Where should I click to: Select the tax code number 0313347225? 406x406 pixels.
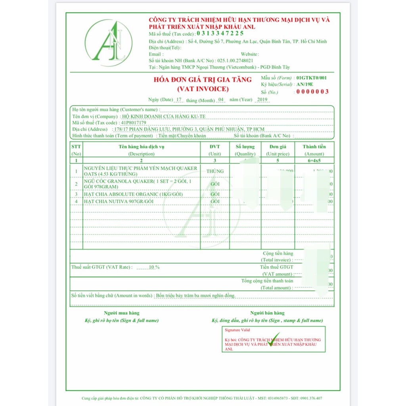point(220,34)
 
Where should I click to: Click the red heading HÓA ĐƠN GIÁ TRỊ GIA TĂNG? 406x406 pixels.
point(203,80)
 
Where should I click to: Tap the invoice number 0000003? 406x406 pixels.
point(312,92)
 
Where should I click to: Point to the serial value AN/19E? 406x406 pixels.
point(305,84)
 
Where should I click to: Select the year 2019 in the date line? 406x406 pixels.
point(262,100)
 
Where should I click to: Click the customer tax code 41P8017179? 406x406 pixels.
point(136,123)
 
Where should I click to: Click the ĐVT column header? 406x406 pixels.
point(215,147)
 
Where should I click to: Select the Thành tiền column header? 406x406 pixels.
point(314,147)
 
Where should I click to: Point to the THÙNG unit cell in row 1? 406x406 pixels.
point(215,171)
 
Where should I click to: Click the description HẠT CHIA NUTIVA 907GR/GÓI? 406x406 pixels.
point(119,201)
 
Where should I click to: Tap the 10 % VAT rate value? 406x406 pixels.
point(154,267)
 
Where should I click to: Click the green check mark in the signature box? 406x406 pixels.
point(273,339)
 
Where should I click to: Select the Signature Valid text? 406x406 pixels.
point(237,330)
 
